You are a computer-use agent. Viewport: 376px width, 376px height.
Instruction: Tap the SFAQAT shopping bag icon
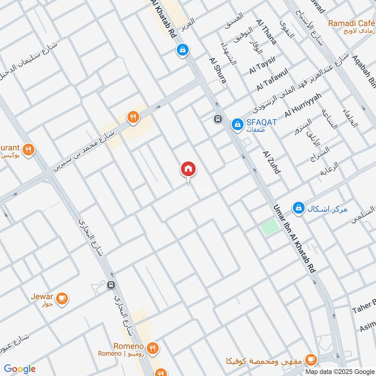click(x=237, y=124)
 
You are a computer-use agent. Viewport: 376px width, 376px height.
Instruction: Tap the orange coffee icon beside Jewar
click(x=62, y=298)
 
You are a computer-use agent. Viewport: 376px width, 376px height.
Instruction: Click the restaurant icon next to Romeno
click(x=152, y=348)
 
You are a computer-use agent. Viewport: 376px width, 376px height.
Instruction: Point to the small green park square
click(x=270, y=227)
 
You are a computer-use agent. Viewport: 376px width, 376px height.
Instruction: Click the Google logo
click(x=20, y=369)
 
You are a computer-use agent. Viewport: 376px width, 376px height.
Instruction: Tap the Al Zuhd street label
click(x=272, y=163)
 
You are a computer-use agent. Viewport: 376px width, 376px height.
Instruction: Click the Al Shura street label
click(x=218, y=70)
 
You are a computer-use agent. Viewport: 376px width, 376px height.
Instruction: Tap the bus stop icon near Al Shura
click(x=218, y=119)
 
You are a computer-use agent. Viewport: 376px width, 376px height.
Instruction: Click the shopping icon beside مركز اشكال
click(x=298, y=207)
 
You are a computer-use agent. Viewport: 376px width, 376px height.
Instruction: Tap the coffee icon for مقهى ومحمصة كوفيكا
click(x=310, y=360)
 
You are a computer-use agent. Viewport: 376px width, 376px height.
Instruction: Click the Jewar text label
click(x=42, y=296)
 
